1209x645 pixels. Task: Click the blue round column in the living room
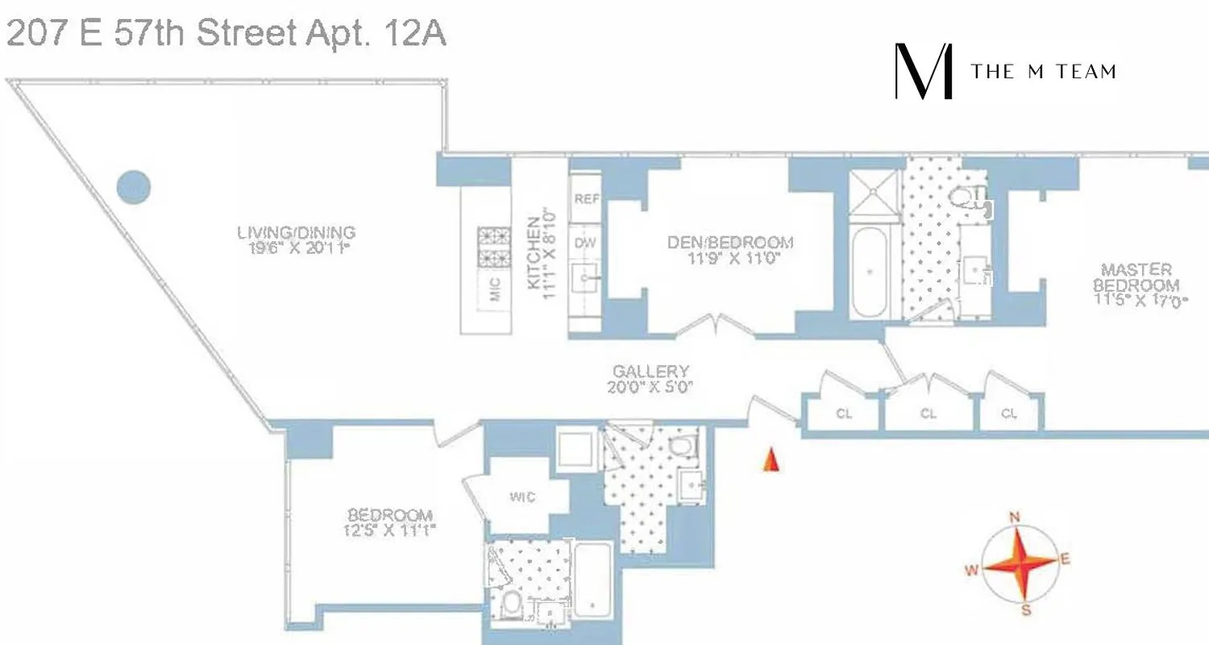(x=134, y=188)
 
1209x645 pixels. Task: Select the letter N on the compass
(x=1016, y=518)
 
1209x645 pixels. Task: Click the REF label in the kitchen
(x=586, y=198)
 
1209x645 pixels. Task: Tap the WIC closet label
(x=522, y=497)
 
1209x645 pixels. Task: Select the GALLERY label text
(x=650, y=372)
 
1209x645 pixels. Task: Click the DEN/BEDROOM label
(x=730, y=242)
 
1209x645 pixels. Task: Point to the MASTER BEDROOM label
(x=1136, y=277)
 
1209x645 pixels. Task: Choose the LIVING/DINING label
(x=296, y=233)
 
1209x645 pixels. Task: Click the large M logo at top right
(x=924, y=72)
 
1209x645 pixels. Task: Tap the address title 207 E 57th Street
(x=226, y=36)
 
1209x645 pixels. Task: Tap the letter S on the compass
(x=1026, y=610)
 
